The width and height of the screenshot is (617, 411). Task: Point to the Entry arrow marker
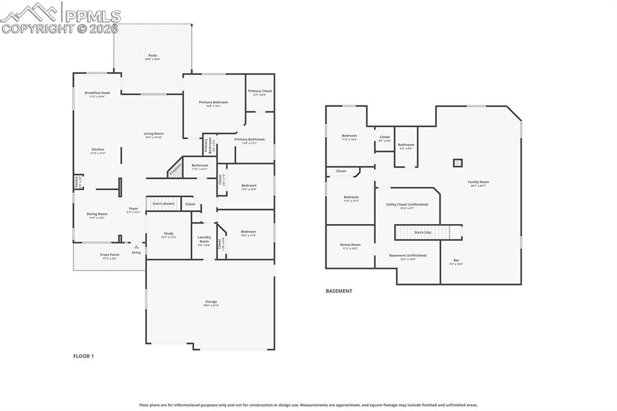pyautogui.click(x=137, y=246)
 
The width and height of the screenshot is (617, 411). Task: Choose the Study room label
pyautogui.click(x=168, y=234)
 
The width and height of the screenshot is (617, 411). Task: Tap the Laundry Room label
pyautogui.click(x=204, y=239)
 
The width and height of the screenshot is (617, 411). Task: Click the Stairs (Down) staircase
pyautogui.click(x=163, y=204)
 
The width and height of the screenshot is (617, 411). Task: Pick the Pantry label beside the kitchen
pyautogui.click(x=77, y=181)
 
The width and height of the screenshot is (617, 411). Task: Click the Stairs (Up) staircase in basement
pyautogui.click(x=423, y=232)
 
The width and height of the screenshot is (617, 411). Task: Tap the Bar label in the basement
pyautogui.click(x=456, y=262)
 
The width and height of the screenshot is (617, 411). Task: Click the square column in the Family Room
pyautogui.click(x=457, y=163)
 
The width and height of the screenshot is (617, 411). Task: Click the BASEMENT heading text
pyautogui.click(x=339, y=291)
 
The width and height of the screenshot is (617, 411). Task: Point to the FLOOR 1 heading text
pyautogui.click(x=84, y=356)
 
